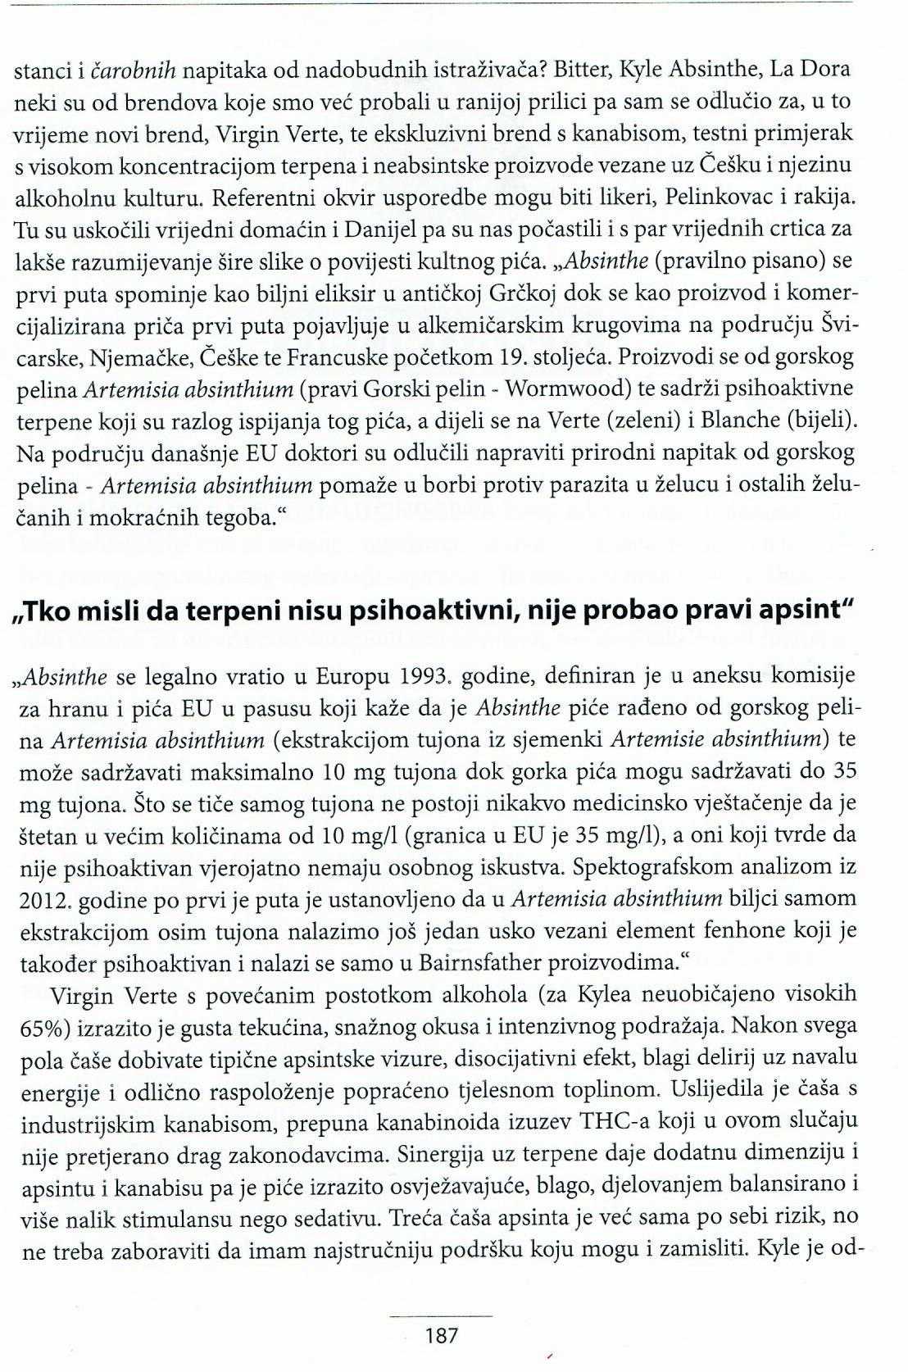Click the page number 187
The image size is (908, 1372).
point(442,1335)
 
